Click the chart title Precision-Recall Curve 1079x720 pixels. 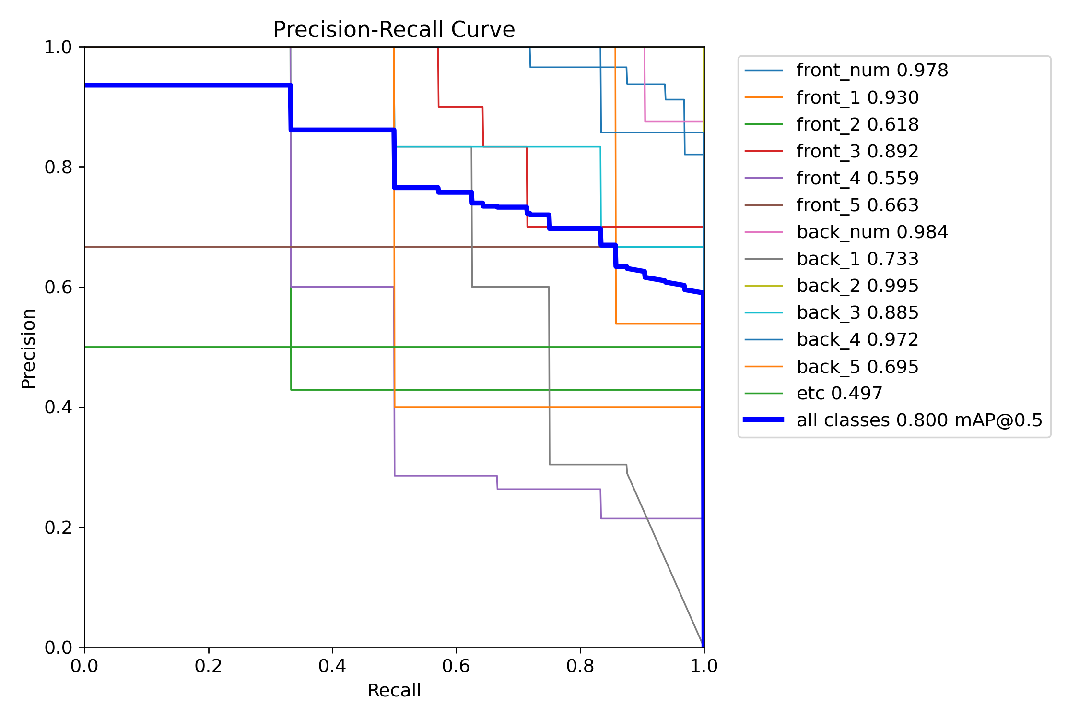394,30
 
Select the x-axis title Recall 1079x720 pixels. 394,690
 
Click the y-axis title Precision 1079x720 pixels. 29,348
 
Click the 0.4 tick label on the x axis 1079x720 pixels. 332,666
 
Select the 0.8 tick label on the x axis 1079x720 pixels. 580,666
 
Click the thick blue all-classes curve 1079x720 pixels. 192,85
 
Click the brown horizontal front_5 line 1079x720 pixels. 192,247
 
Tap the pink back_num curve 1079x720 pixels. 671,121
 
